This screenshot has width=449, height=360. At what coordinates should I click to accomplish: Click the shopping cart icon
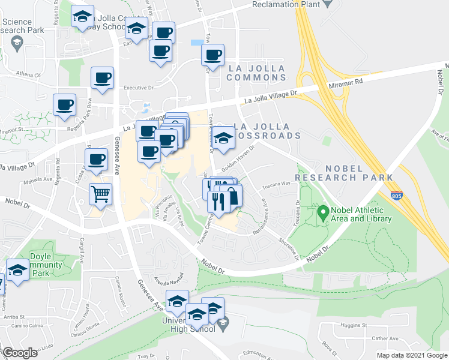[x=100, y=194]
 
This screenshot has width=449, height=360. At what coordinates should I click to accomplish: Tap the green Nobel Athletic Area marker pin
[x=322, y=212]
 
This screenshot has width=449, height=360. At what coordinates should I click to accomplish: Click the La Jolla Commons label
[x=256, y=73]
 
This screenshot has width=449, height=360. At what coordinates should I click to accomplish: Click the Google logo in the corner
[x=20, y=353]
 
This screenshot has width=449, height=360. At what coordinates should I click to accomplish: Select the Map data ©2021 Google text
[x=411, y=355]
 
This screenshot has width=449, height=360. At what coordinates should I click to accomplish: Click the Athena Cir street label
[x=28, y=76]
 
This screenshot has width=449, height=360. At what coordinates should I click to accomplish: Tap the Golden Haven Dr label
[x=239, y=158]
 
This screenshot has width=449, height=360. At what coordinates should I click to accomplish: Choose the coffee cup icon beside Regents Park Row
[x=64, y=104]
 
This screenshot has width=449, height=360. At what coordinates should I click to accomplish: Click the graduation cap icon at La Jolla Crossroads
[x=223, y=139]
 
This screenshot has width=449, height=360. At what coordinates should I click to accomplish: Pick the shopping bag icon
[x=232, y=196]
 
